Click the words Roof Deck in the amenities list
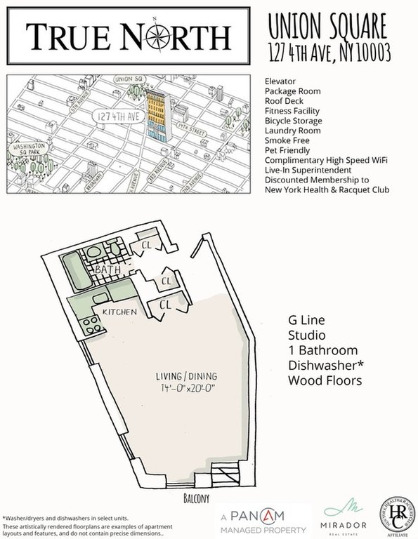tap(283, 101)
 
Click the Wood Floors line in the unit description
tap(325, 380)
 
